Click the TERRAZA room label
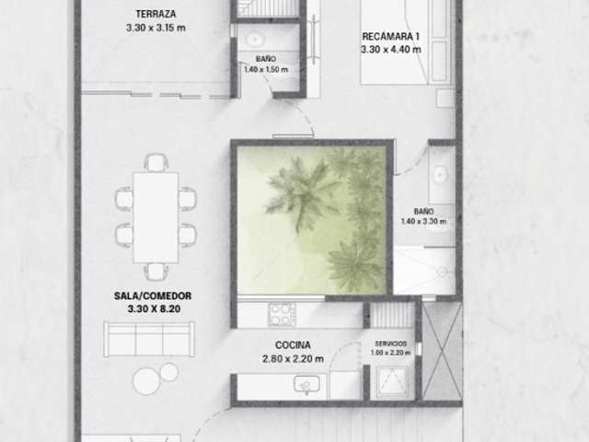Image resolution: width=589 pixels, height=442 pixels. [x=156, y=15]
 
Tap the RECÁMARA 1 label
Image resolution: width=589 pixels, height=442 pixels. [x=390, y=37]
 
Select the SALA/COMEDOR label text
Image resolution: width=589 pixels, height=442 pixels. [x=153, y=296]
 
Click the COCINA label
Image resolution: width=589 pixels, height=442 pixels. [x=293, y=345]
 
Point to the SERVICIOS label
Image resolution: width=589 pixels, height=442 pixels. [x=390, y=343]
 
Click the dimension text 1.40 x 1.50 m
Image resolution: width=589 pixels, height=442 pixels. [x=266, y=70]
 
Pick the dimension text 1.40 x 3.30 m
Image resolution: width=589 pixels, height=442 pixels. [x=423, y=221]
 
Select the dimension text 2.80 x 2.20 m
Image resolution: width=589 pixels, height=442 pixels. [x=293, y=359]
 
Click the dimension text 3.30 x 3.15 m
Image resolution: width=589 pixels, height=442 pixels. [x=156, y=28]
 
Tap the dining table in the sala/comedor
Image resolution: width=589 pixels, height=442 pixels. [x=156, y=217]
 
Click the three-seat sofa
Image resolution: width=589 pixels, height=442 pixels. [x=149, y=339]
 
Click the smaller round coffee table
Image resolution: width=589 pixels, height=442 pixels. [x=169, y=372]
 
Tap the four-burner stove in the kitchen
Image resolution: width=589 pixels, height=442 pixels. [x=282, y=315]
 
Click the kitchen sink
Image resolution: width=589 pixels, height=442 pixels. [x=306, y=384]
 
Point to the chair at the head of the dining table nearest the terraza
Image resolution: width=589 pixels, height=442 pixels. [x=156, y=162]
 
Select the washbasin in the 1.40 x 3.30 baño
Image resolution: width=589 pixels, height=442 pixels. [x=439, y=175]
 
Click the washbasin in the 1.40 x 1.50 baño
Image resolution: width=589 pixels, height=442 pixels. [x=256, y=39]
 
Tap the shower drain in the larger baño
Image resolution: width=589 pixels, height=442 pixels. [x=443, y=272]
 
